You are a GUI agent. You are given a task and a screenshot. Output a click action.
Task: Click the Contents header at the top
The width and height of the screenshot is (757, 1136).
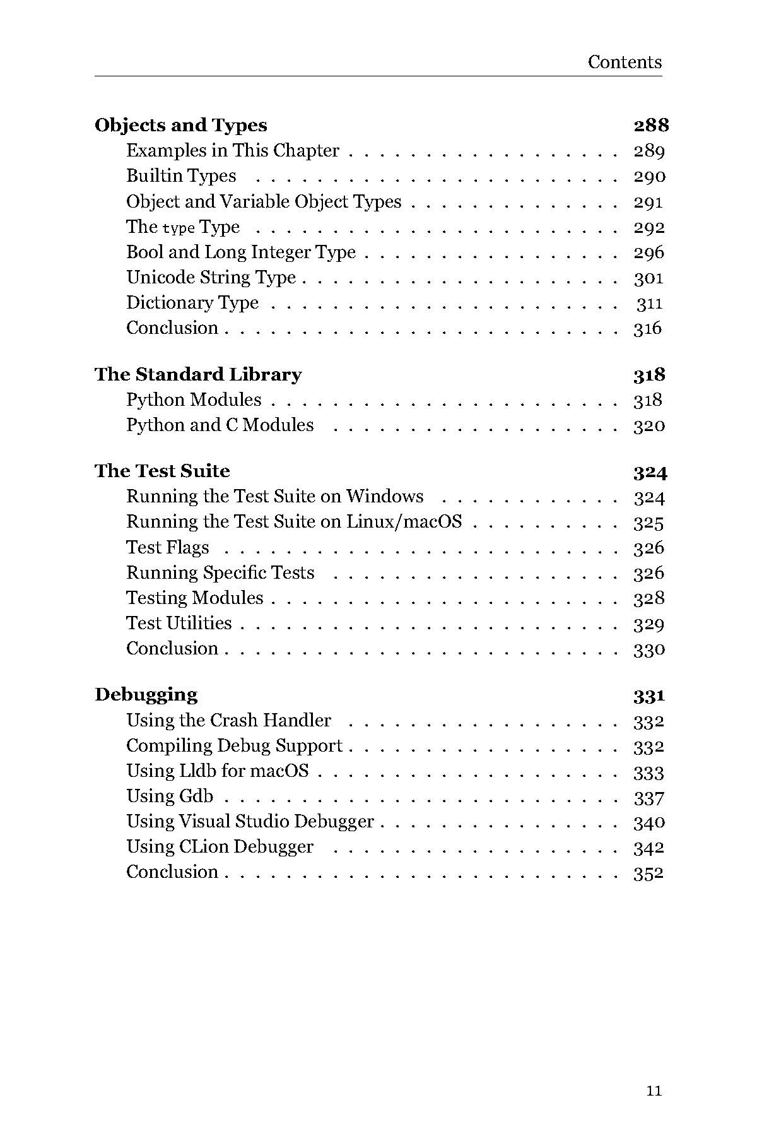coord(625,62)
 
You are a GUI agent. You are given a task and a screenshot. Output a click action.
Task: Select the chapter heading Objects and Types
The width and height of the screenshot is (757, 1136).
coord(181,125)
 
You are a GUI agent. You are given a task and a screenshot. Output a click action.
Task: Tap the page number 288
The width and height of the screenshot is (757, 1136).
coord(650,125)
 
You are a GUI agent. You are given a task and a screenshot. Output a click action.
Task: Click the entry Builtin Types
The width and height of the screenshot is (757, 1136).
coord(181,176)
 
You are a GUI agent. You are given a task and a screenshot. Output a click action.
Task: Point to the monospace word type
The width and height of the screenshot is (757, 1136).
coord(179,228)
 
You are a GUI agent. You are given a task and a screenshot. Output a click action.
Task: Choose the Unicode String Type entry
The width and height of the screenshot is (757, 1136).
coord(211,278)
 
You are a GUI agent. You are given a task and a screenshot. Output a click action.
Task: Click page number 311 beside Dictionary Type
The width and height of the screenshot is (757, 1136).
coord(649,304)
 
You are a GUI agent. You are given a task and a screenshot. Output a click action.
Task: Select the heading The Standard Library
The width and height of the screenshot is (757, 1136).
coord(198,374)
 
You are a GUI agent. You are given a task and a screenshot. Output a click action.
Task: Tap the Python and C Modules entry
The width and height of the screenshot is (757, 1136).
coord(220,425)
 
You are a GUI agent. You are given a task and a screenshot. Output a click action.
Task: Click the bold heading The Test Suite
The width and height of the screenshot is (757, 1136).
coord(162,471)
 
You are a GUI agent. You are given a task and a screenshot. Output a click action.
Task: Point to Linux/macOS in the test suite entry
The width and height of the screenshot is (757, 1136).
coord(404,522)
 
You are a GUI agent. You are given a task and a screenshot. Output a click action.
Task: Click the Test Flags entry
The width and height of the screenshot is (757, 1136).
coord(167,547)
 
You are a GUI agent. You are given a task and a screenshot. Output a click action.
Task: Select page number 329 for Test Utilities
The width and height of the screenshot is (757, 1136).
coord(648,624)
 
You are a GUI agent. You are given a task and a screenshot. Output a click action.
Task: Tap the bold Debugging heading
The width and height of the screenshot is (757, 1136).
coord(146,694)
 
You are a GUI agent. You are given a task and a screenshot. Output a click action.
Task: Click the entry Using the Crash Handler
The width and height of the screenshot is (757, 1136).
coord(228,720)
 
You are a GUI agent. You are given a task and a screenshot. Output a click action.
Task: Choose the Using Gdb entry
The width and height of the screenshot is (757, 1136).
coord(170,796)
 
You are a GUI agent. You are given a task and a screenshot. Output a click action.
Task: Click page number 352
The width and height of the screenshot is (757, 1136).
coord(648,873)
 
